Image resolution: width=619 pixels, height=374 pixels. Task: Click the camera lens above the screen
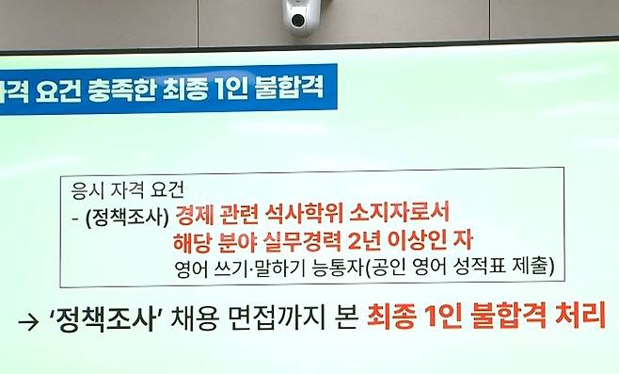(x=300, y=19)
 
